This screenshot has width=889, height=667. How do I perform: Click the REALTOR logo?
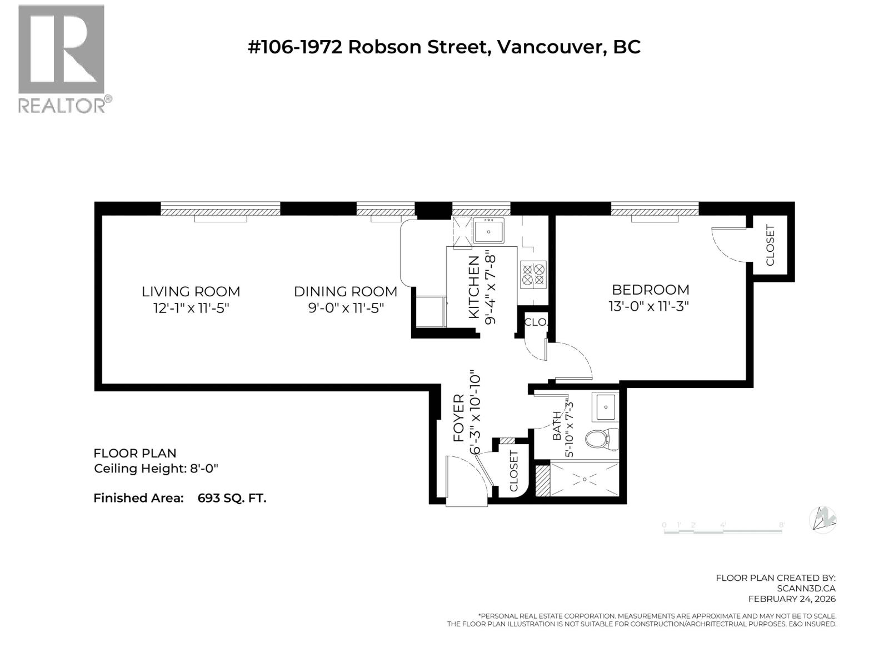click(61, 58)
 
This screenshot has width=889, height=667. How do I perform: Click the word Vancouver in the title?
click(550, 47)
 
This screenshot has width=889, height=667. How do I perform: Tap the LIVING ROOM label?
click(191, 291)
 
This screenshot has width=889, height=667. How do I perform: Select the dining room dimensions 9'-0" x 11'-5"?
click(346, 307)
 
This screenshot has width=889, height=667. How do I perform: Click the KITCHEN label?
click(474, 287)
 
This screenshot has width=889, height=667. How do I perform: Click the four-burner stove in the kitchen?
click(533, 275)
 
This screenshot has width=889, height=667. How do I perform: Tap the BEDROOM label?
click(651, 290)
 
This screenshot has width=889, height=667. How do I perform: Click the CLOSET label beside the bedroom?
click(770, 245)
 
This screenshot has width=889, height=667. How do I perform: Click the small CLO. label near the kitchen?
click(536, 322)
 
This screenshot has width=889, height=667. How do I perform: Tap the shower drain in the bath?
click(585, 479)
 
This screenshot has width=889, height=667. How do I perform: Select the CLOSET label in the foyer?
click(513, 471)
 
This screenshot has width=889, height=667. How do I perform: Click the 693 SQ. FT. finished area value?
click(232, 498)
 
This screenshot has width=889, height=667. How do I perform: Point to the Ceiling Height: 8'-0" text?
click(156, 469)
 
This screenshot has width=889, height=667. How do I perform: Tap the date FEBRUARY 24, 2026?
click(791, 599)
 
